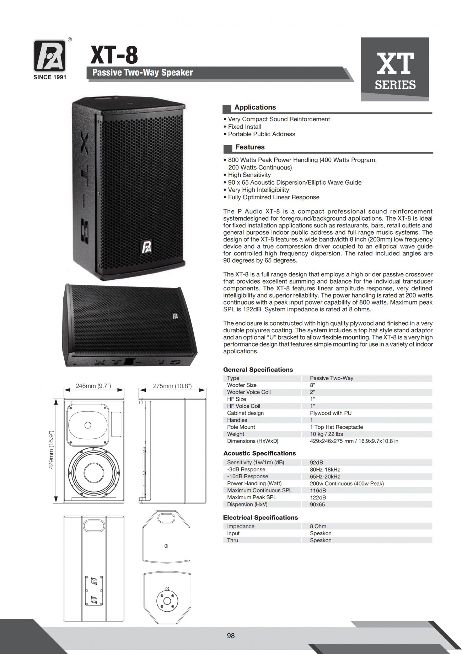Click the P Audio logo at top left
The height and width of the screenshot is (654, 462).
(x=50, y=56)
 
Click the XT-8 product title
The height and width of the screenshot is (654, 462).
(x=114, y=56)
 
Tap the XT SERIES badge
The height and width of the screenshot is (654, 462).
(x=395, y=70)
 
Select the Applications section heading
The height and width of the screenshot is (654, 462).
(x=255, y=107)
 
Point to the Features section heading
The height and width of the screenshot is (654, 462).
(x=250, y=147)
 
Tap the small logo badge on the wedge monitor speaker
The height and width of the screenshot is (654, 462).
(x=175, y=316)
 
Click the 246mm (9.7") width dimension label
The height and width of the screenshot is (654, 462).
(x=93, y=386)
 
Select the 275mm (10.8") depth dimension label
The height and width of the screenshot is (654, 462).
(x=172, y=386)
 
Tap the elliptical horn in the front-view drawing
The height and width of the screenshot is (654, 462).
(x=88, y=425)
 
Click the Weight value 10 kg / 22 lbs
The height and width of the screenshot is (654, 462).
(x=326, y=434)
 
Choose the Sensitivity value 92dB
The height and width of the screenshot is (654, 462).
(x=316, y=463)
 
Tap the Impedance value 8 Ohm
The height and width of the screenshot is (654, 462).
(x=318, y=526)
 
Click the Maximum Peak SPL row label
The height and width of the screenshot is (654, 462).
(x=252, y=497)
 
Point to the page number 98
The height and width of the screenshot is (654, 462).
(x=231, y=635)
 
